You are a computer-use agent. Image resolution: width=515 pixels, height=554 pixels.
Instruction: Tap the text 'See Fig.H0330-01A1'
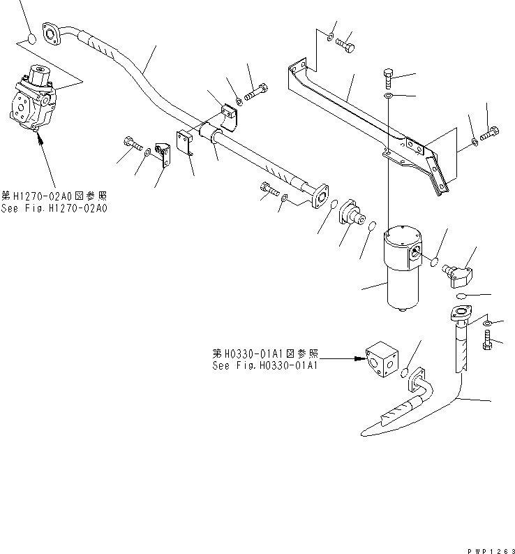click(265, 365)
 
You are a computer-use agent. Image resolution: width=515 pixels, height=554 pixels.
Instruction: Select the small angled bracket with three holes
click(163, 154)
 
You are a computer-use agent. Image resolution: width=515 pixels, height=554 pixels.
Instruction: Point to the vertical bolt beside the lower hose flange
click(486, 341)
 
